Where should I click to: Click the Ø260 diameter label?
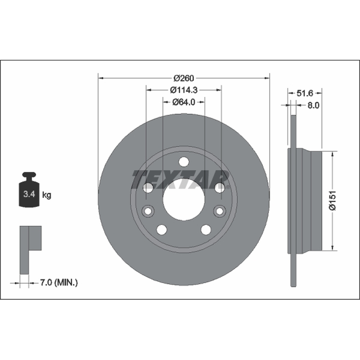[184, 78]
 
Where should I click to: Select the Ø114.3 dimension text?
[184, 90]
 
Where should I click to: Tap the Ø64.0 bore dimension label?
[184, 102]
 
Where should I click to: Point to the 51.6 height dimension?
[305, 93]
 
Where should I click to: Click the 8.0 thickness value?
[313, 105]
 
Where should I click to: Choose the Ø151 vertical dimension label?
[333, 200]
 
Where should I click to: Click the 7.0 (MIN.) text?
[59, 283]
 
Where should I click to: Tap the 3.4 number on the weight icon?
[29, 194]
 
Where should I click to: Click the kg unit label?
[47, 195]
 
